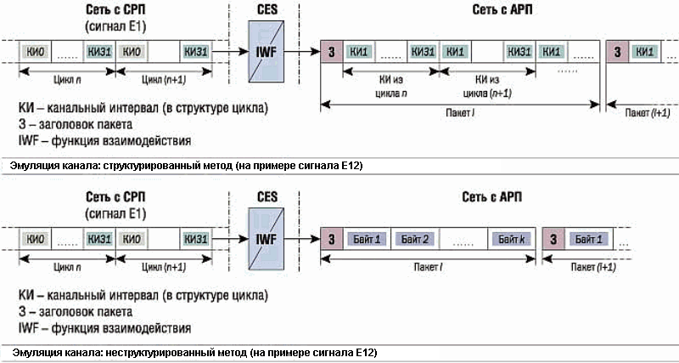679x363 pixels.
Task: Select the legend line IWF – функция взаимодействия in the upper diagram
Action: point(104,140)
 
